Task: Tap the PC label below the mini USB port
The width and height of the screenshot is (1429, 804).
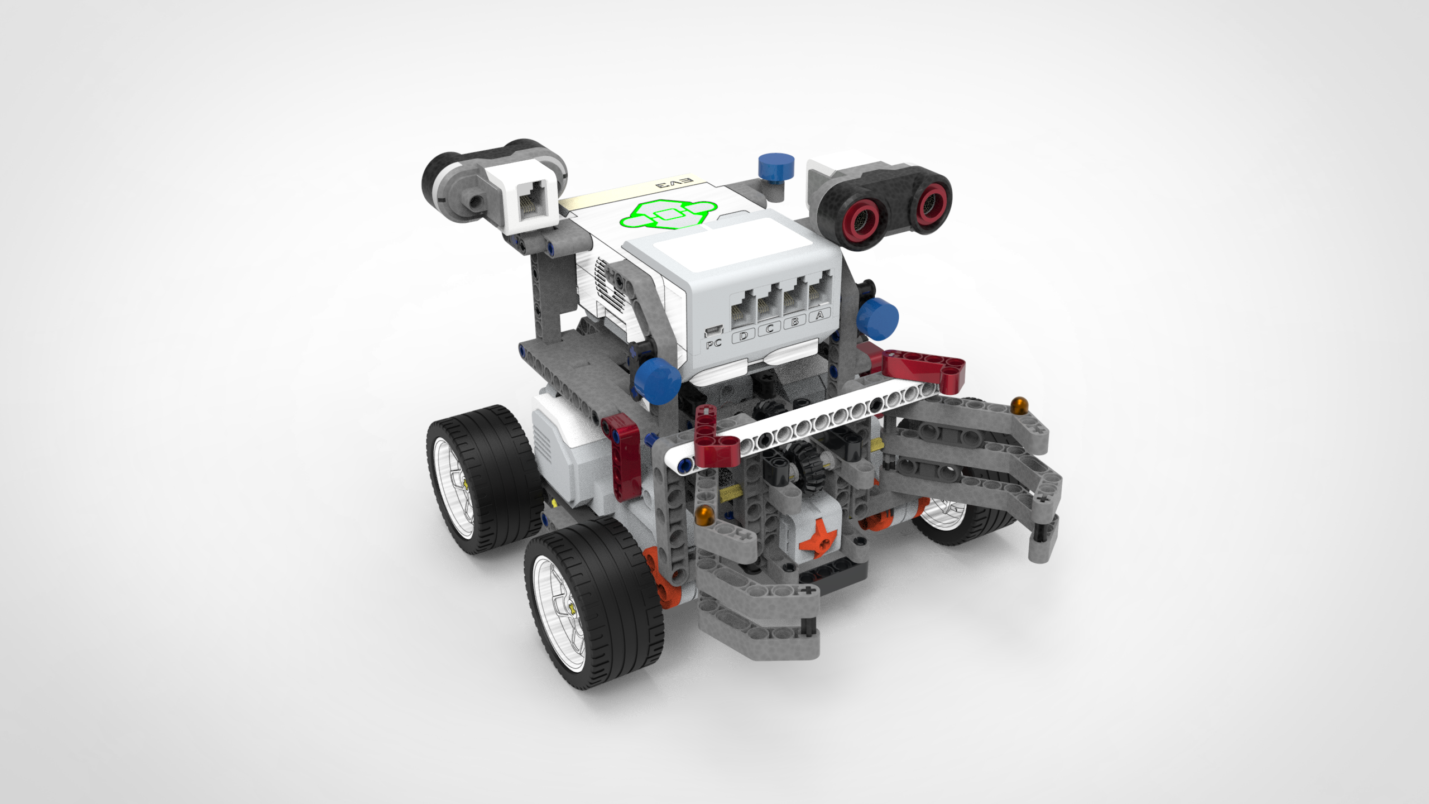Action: pos(714,344)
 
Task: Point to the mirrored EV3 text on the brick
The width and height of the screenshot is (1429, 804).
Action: pos(674,183)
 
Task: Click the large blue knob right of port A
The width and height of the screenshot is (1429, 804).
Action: pos(878,318)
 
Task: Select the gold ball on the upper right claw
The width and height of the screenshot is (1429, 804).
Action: pos(1019,403)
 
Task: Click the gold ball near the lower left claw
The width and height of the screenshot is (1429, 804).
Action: pos(704,514)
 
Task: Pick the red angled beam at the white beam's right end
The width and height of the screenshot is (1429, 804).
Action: pos(924,368)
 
